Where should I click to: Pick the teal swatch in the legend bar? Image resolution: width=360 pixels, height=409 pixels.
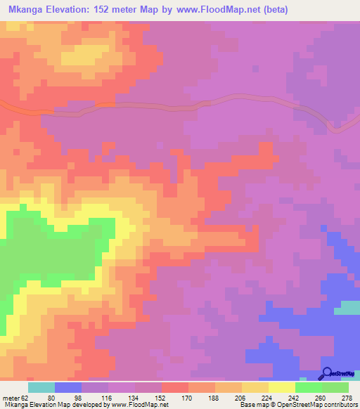[x=41, y=387]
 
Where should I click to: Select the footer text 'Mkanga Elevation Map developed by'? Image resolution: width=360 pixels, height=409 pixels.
[x=53, y=404]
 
